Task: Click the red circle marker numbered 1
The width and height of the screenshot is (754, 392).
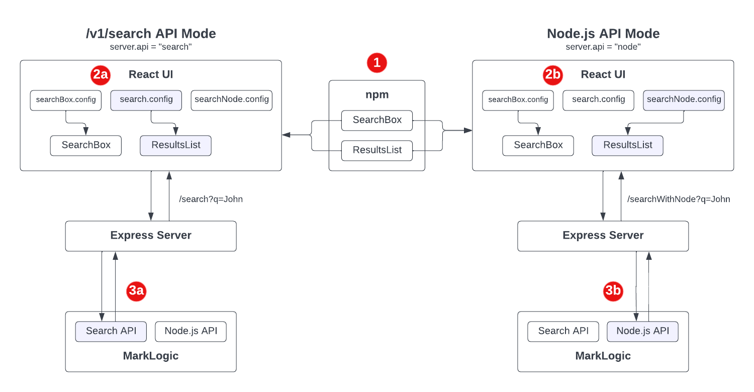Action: tap(377, 63)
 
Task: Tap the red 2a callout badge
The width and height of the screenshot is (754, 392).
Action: tap(100, 75)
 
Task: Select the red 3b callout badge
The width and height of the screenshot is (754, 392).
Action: tap(613, 291)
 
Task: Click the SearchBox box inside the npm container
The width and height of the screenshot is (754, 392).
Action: tap(377, 120)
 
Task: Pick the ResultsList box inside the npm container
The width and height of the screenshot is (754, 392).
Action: tap(377, 150)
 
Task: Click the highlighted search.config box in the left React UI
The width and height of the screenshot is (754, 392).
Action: tap(146, 100)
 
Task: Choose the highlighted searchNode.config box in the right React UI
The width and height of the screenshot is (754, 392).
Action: tap(684, 100)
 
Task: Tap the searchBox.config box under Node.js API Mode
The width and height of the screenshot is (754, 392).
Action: tap(518, 100)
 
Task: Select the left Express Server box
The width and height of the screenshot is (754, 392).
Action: tap(151, 236)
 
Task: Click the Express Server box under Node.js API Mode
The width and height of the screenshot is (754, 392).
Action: tap(603, 236)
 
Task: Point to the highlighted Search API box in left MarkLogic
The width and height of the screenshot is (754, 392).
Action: tap(111, 331)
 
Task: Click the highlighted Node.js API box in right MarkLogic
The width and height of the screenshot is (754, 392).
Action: tap(642, 331)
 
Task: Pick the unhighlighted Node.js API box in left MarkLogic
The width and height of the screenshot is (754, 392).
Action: tap(191, 331)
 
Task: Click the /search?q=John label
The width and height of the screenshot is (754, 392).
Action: tap(211, 199)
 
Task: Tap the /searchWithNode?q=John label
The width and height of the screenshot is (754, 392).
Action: tap(679, 199)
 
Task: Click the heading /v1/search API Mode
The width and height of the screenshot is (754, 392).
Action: tap(151, 34)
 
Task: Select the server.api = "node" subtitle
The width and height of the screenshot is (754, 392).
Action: tap(603, 47)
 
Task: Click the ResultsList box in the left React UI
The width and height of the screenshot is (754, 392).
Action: tap(175, 145)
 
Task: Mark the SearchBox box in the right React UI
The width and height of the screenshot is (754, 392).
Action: tap(538, 145)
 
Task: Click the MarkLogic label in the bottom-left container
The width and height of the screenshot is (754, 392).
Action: tap(151, 356)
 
